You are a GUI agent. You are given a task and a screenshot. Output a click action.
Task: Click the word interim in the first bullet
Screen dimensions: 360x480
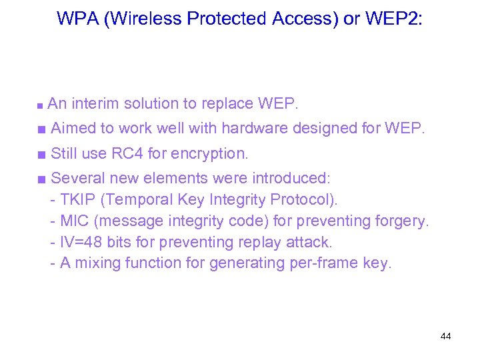pos(95,104)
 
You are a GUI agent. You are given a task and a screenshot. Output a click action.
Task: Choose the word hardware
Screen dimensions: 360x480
pos(257,128)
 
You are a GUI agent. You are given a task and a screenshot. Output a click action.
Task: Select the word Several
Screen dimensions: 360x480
pos(75,178)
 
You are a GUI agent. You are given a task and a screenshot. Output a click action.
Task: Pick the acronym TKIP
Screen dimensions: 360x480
pos(75,199)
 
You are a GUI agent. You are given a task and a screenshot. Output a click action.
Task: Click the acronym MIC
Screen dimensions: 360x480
pos(74,221)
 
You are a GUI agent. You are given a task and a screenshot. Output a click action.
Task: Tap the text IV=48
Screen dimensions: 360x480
pos(81,242)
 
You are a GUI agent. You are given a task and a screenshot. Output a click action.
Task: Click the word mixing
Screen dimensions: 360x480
pos(96,263)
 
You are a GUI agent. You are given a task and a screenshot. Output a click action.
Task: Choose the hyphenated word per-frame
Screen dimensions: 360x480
pos(325,263)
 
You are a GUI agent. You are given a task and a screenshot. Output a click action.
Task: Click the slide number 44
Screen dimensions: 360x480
pos(445,336)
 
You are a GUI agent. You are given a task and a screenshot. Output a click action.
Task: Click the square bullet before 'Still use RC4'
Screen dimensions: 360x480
pos(41,154)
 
